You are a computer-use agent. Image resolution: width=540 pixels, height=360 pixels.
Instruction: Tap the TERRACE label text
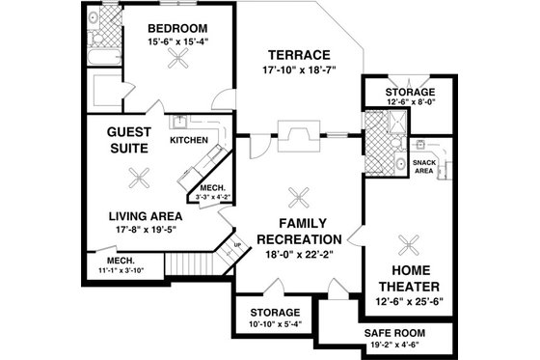pos(300,54)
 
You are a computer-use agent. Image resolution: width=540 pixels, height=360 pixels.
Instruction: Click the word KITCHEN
pos(189,140)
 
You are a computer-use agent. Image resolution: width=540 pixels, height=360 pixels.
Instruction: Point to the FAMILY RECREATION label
pos(298,230)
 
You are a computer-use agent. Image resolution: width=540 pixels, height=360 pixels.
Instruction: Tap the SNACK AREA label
pos(424,165)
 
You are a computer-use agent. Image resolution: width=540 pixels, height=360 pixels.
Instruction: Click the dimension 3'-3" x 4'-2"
pos(212,198)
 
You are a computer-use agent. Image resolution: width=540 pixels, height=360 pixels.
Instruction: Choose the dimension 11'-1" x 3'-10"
pos(120,270)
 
